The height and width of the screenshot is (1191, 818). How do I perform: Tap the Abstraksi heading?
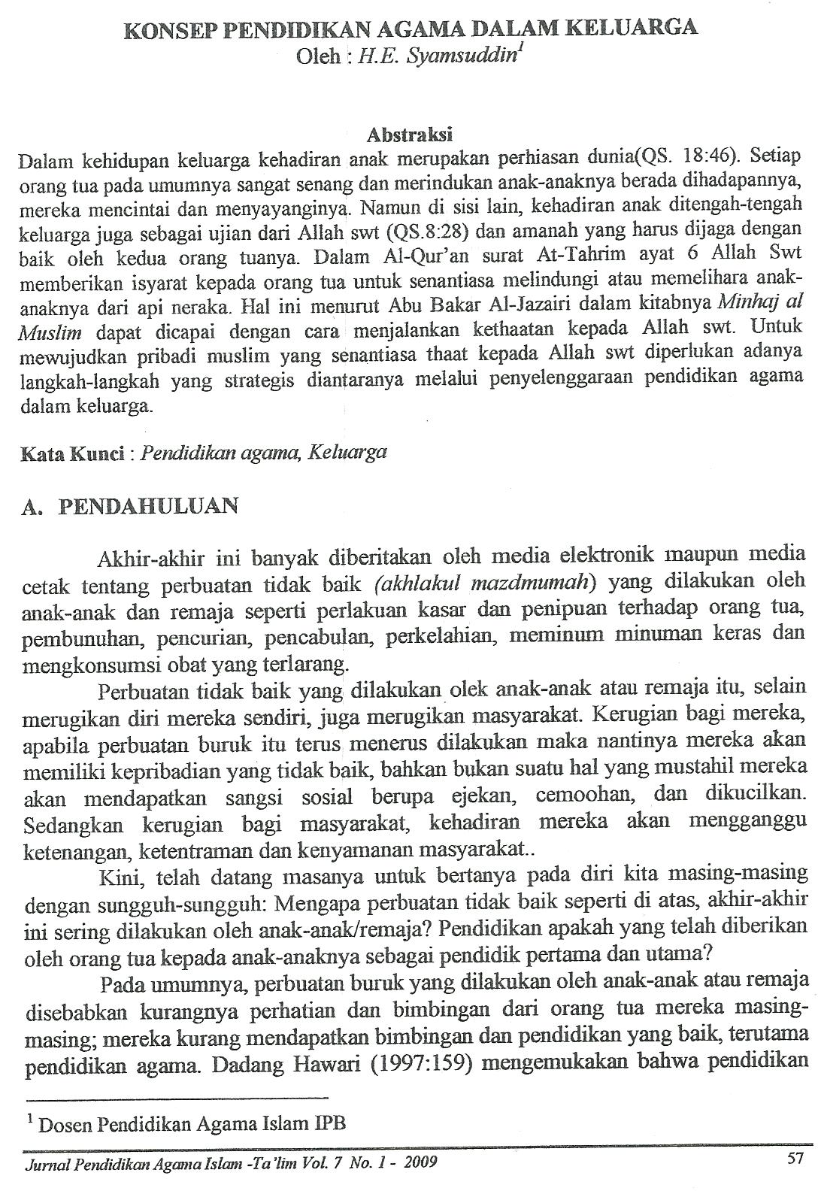pyautogui.click(x=409, y=135)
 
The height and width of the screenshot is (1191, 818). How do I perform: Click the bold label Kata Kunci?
pyautogui.click(x=71, y=453)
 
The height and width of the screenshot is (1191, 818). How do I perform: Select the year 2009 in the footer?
pyautogui.click(x=418, y=1164)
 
